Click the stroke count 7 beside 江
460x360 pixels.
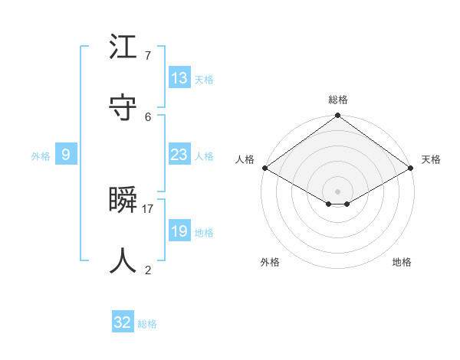[148, 56]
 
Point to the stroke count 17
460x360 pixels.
[148, 208]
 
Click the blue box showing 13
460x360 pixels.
[179, 78]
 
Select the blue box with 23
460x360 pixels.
[179, 155]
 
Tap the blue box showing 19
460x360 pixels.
[179, 231]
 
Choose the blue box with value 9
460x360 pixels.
[66, 155]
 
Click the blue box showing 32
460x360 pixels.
[123, 322]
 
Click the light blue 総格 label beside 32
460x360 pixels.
[147, 324]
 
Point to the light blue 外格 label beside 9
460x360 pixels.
[41, 156]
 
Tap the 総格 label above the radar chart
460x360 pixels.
[338, 100]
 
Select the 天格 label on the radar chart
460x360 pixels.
[431, 159]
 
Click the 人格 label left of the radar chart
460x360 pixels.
[245, 159]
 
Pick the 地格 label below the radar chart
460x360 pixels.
[402, 262]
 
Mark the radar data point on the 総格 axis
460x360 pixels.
[337, 116]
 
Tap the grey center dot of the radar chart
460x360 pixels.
[337, 191]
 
